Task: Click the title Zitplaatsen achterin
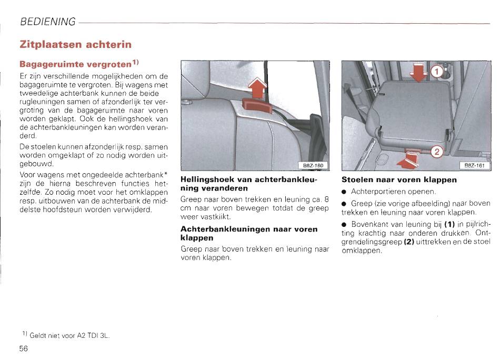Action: (x=75, y=44)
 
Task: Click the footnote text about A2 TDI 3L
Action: (x=68, y=335)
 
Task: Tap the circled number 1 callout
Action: (x=437, y=72)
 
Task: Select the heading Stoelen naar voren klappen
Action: (x=399, y=179)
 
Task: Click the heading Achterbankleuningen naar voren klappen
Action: (x=249, y=233)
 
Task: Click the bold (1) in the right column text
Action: (x=451, y=225)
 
